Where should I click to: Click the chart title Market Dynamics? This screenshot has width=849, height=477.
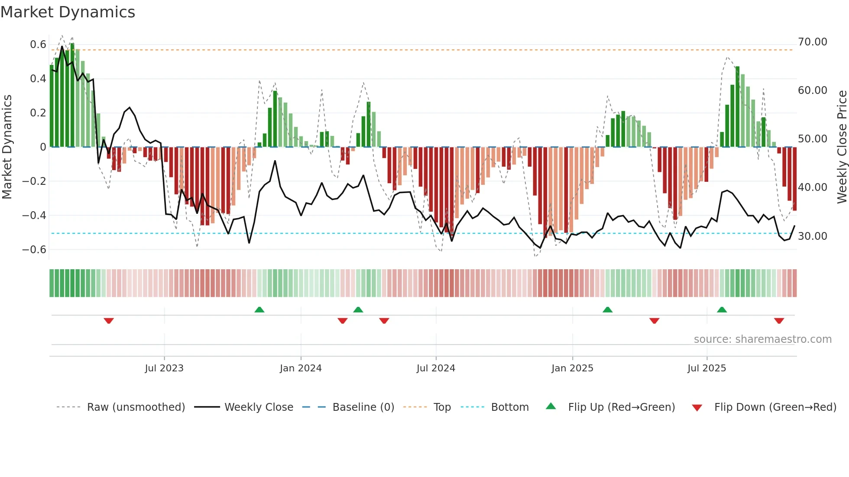tap(68, 12)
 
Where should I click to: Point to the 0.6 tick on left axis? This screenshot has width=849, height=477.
tap(38, 45)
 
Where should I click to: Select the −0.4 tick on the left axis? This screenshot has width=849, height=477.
tap(34, 215)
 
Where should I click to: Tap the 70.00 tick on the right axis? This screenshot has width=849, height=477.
tap(813, 42)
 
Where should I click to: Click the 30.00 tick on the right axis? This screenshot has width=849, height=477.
tap(813, 236)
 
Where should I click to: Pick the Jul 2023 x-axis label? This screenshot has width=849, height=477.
tap(164, 368)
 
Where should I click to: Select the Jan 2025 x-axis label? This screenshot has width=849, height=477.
tap(572, 368)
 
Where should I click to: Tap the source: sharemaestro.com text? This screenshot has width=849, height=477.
tap(762, 339)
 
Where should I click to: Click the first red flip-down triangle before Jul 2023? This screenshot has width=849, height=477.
tap(109, 320)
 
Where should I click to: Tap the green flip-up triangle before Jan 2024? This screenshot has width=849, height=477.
tap(259, 309)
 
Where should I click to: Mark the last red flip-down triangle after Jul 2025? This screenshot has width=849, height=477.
tap(779, 320)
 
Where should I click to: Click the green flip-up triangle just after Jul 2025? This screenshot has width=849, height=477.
tap(722, 309)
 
